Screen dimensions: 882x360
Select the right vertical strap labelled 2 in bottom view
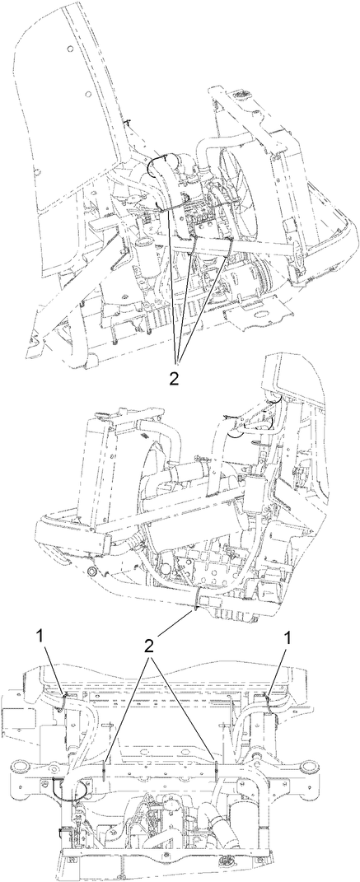(215, 771)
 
